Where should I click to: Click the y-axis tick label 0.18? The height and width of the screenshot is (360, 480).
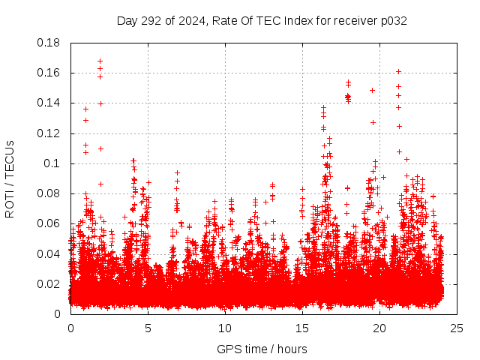tap(49, 43)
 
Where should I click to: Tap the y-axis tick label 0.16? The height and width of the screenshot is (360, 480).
tap(49, 73)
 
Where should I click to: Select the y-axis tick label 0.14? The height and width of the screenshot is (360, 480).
tap(49, 103)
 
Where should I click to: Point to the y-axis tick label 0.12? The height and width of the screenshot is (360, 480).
tap(49, 133)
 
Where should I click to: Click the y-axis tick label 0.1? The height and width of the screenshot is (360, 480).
tap(52, 163)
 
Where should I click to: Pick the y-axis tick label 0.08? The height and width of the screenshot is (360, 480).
tap(49, 193)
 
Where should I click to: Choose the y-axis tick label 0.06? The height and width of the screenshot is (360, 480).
tap(49, 223)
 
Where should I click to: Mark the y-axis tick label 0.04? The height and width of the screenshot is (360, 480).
tap(49, 253)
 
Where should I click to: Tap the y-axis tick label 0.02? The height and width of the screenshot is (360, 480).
tap(49, 283)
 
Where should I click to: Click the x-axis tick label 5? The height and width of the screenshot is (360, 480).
tap(148, 328)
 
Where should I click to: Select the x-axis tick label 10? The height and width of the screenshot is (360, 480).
tap(225, 328)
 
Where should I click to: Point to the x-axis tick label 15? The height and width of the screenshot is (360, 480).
tap(302, 328)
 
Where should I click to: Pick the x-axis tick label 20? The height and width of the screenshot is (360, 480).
tap(379, 328)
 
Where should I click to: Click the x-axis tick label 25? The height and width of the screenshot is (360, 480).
tap(457, 328)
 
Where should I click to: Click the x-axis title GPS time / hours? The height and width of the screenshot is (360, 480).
tap(263, 349)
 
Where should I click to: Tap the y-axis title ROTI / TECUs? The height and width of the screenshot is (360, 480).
tap(10, 178)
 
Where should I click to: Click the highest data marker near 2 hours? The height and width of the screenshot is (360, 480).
tap(100, 61)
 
